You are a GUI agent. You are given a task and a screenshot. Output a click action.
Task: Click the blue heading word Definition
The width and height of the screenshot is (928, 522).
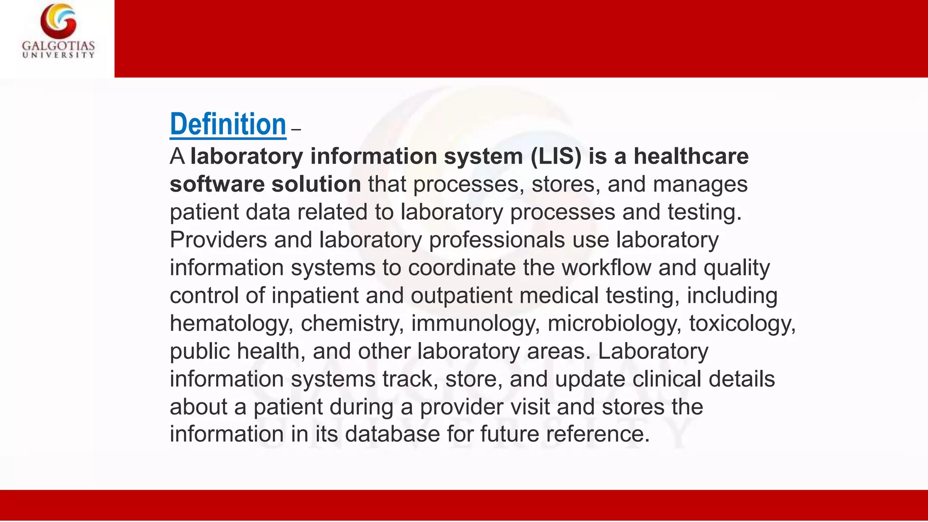tap(228, 124)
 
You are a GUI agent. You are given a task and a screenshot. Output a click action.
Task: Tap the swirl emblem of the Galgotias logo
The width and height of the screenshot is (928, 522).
tap(58, 20)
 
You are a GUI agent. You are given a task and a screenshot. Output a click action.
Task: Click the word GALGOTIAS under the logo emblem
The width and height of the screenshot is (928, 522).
tap(58, 46)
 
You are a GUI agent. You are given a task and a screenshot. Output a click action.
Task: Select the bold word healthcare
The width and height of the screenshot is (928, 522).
tap(691, 156)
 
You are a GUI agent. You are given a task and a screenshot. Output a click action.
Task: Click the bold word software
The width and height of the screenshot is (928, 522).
tap(217, 184)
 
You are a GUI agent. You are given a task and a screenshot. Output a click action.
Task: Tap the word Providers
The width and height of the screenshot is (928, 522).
tap(218, 240)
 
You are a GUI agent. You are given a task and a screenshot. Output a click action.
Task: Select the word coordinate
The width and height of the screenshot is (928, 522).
tap(462, 267)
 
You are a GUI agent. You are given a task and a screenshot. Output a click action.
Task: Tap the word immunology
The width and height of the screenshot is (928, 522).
tap(475, 324)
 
